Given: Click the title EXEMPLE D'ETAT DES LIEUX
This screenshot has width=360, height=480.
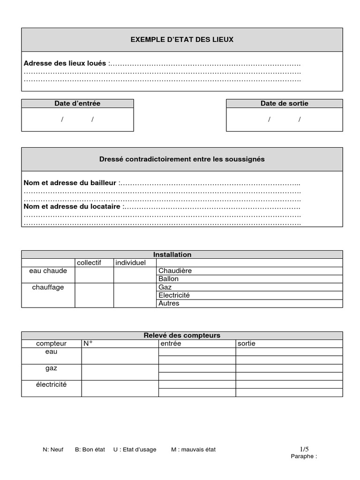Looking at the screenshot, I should click(182, 40).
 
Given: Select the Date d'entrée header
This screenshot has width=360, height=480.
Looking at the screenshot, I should click(77, 104).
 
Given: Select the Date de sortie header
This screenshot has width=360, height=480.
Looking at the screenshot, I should click(284, 104).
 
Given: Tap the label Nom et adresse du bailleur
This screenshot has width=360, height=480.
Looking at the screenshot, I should click(70, 183).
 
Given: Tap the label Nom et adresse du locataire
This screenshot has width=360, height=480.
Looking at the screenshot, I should click(72, 206).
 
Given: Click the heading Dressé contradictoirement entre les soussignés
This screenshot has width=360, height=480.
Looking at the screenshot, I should click(182, 159).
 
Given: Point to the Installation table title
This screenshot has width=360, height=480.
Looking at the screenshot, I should click(182, 255).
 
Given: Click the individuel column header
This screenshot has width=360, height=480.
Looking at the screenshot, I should click(131, 263).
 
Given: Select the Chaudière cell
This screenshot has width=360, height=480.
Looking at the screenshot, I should click(175, 271).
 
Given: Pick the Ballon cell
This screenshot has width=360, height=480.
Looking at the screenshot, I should click(168, 279).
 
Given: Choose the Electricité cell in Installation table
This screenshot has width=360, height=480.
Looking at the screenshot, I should click(174, 295).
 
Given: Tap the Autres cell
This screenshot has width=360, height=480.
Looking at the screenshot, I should click(169, 303).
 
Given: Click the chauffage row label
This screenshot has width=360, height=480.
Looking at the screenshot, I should click(48, 287).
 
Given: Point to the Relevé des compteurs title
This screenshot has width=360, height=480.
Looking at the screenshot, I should click(182, 336).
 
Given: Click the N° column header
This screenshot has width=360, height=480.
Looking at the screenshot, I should click(88, 344).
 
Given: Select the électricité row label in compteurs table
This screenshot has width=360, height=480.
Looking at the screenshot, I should click(51, 384).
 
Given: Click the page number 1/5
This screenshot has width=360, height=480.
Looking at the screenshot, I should click(304, 449).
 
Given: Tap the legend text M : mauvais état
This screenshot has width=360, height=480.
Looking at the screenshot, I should click(193, 450).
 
